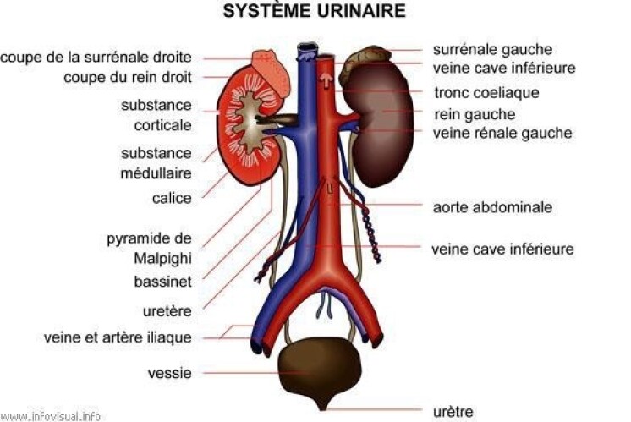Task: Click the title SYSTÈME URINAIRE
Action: (x=315, y=10)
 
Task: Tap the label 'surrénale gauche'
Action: (x=492, y=50)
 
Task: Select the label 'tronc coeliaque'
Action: (x=486, y=92)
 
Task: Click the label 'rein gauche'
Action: (x=475, y=115)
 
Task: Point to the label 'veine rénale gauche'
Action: (x=502, y=133)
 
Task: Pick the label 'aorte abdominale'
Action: (x=492, y=207)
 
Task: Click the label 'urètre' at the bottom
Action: (x=453, y=412)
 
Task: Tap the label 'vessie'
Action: (x=170, y=373)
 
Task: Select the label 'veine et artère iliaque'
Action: (x=118, y=337)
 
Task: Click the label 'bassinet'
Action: (x=163, y=282)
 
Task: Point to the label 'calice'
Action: (x=172, y=198)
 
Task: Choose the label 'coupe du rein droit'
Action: (x=128, y=77)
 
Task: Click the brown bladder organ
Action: (x=321, y=372)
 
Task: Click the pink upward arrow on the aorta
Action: (x=326, y=80)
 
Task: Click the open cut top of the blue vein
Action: (x=308, y=48)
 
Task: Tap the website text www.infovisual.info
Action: (x=50, y=416)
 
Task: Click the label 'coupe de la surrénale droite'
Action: (x=96, y=58)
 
